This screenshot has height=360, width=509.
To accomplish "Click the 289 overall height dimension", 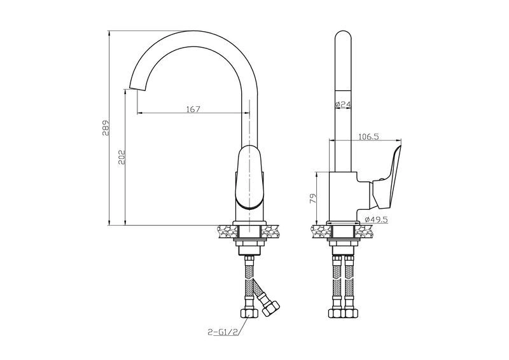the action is (106, 128).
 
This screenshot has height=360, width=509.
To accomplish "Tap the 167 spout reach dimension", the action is (193, 109).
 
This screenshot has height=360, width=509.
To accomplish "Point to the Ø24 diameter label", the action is (343, 104).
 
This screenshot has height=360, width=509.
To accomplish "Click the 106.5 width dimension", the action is (368, 137).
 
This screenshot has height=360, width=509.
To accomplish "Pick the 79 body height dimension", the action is (312, 198).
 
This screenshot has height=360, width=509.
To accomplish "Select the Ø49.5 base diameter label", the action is (376, 219).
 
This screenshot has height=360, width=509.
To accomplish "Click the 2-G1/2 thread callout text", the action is (221, 332).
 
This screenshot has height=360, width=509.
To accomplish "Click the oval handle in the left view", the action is (249, 177).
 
